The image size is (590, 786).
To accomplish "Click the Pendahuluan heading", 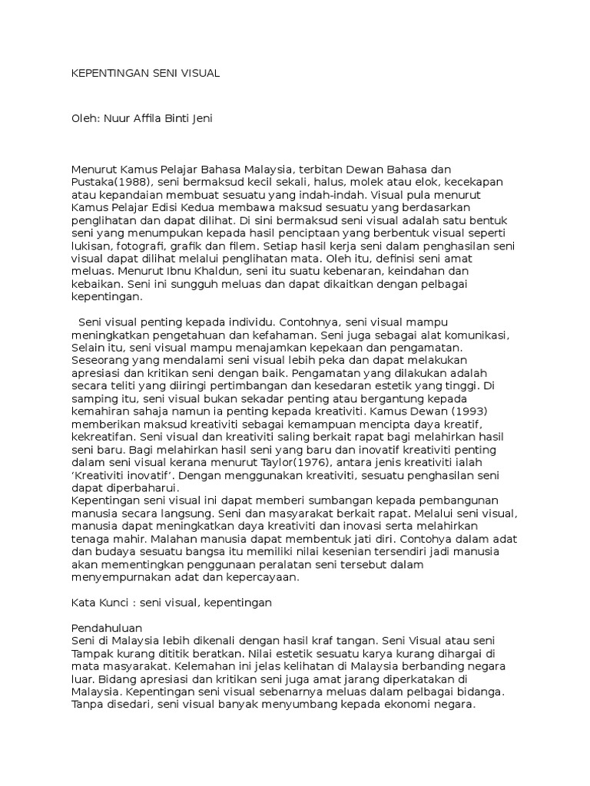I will [x=107, y=627].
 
